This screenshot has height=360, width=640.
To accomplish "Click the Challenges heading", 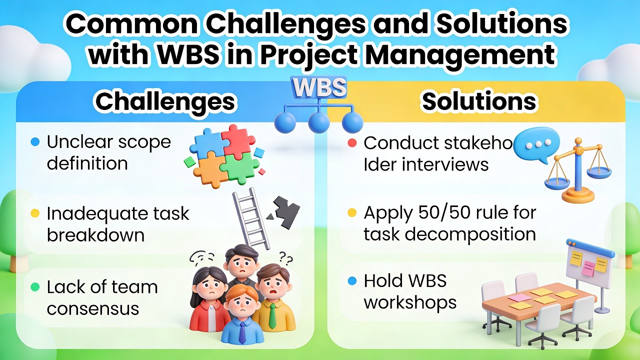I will pyautogui.click(x=165, y=101).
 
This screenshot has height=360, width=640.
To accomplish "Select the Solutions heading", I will pyautogui.click(x=479, y=101).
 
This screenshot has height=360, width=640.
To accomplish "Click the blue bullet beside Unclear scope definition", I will pyautogui.click(x=34, y=142).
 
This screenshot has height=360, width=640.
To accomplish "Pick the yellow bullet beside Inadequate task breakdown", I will pyautogui.click(x=34, y=213).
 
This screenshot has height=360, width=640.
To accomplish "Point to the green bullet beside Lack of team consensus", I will pyautogui.click(x=34, y=287).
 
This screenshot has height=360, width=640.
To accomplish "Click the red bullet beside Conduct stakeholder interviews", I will pyautogui.click(x=351, y=143).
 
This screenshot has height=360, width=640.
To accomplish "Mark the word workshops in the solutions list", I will pyautogui.click(x=410, y=302).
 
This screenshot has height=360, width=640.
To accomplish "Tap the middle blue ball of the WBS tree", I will pyautogui.click(x=319, y=122).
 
